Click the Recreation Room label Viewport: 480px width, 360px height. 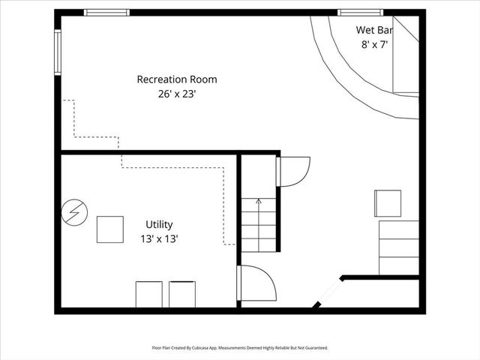point(177,79)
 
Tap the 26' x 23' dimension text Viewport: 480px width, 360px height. point(177,94)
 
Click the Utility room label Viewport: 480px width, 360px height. point(159,224)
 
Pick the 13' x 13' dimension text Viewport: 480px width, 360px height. point(159,238)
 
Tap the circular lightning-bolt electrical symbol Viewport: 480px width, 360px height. point(73,211)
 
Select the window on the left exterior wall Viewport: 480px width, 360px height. point(57,52)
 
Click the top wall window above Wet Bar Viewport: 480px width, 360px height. point(361,12)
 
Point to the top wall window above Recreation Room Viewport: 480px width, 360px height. point(106,12)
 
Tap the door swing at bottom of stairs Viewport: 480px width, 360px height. point(257,283)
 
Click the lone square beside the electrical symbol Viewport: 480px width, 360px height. point(109,229)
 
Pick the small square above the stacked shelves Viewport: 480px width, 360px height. point(388,203)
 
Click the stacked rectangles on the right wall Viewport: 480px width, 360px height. point(399,247)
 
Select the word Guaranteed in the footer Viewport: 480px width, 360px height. point(313,348)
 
